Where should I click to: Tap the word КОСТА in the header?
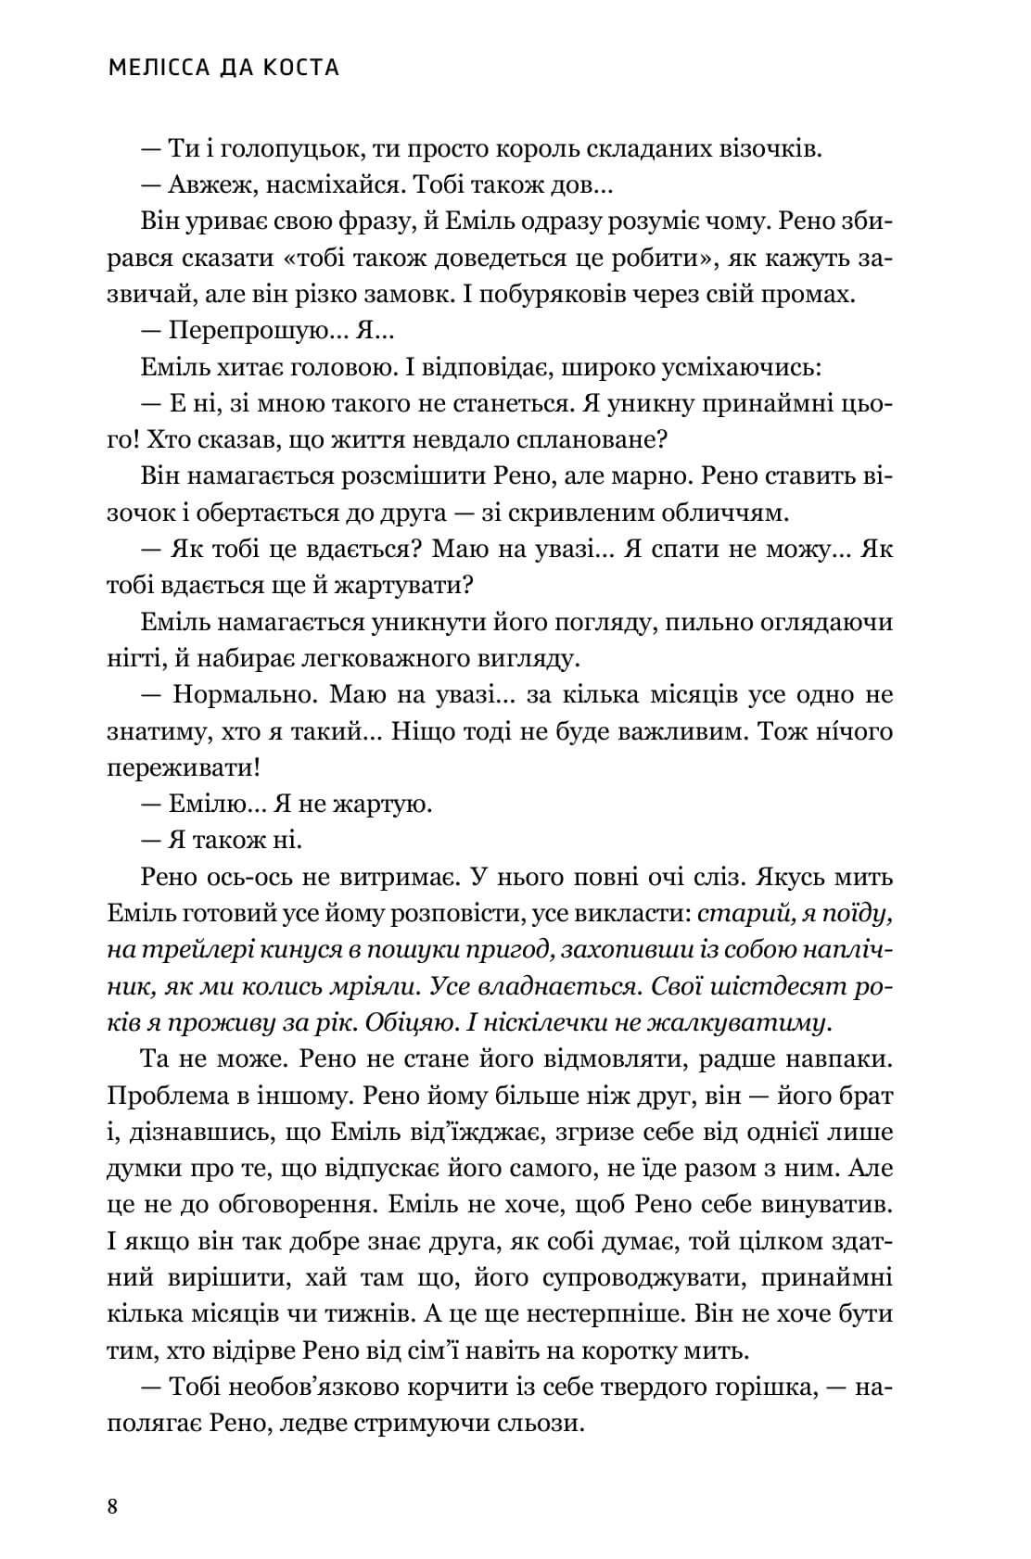(x=299, y=68)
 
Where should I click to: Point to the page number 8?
(x=112, y=1505)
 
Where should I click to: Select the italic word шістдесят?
(x=764, y=986)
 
